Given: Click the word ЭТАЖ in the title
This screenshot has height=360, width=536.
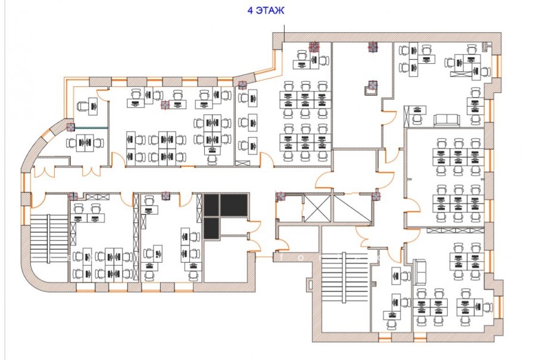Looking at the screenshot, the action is (x=270, y=10).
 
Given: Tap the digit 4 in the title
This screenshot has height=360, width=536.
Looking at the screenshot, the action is (x=250, y=10).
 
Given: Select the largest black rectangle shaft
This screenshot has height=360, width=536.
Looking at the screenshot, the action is (x=233, y=205).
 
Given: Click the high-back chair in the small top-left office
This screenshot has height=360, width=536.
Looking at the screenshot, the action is (x=83, y=106).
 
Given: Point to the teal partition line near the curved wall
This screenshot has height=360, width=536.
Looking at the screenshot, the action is (x=91, y=128).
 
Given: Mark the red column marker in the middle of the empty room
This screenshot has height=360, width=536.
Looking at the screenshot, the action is (x=372, y=85).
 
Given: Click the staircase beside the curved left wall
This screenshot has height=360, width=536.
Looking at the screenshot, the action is (x=49, y=239).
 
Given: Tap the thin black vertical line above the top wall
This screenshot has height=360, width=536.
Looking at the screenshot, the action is (x=284, y=34).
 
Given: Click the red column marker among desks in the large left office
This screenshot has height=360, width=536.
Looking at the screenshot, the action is (x=165, y=105).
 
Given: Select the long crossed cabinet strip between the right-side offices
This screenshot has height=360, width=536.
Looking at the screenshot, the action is (x=456, y=230).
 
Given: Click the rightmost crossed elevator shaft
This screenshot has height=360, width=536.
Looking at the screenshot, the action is (x=352, y=208).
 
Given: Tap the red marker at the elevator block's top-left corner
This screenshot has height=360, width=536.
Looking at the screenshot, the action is (x=281, y=196).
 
